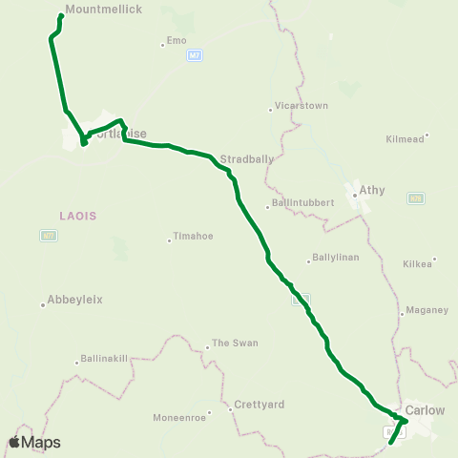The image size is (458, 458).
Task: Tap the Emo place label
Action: [177, 40]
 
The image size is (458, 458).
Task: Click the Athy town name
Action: [371, 190]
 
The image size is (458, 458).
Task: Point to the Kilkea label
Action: [418, 260]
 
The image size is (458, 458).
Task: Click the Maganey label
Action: [426, 309]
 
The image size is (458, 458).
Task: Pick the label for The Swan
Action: [234, 343]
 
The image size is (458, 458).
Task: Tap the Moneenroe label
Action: [179, 418]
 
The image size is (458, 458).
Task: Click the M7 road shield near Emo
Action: [195, 56]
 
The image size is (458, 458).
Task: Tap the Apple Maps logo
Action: [35, 442]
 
